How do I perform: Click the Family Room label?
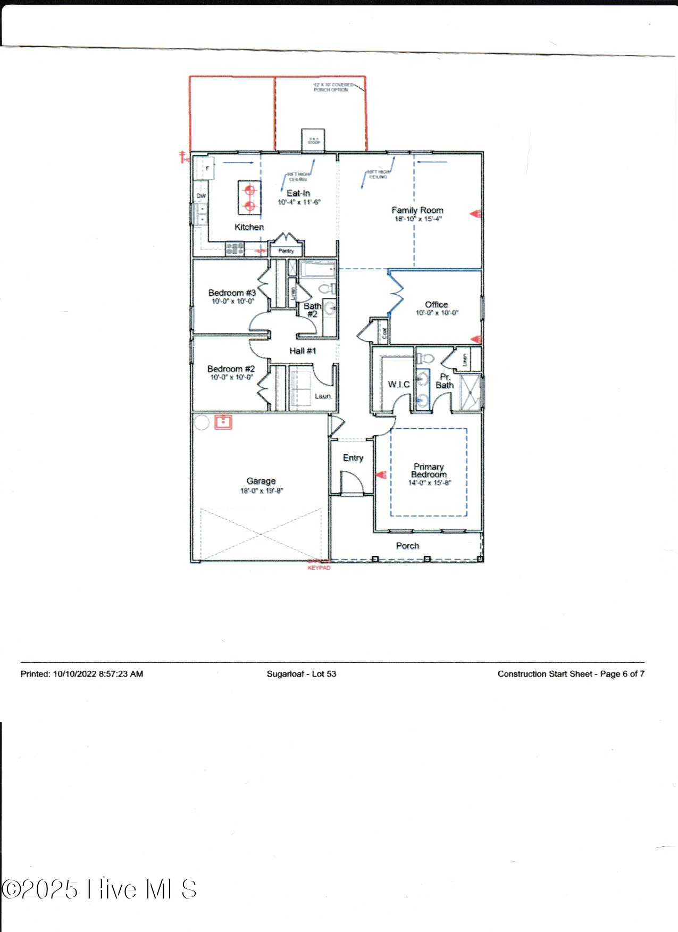[x=417, y=210]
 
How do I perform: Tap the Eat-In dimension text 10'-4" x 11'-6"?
[x=299, y=202]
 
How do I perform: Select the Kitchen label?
[x=249, y=227]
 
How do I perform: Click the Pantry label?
[x=286, y=251]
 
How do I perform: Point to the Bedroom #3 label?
[x=232, y=293]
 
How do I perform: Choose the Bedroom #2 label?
[x=231, y=369]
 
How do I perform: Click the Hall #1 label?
[x=303, y=351]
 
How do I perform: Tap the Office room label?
[x=436, y=304]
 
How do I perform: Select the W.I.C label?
[x=398, y=384]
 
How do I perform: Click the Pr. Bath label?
[x=445, y=381]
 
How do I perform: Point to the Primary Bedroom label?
[x=429, y=470]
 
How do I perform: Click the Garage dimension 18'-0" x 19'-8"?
[x=261, y=490]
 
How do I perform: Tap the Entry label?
[x=353, y=457]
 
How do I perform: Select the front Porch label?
[x=407, y=546]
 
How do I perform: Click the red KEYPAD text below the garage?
[x=319, y=568]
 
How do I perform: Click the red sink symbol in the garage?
[x=223, y=422]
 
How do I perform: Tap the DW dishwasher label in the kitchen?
[x=201, y=196]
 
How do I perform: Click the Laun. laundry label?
[x=323, y=396]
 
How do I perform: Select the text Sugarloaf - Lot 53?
[x=302, y=673]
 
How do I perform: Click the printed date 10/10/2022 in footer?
[x=75, y=673]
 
